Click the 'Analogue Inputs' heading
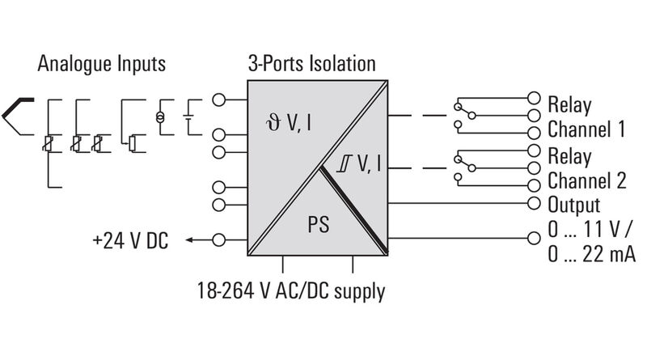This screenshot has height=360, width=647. click(x=101, y=64)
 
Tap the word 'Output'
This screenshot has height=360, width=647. click(x=574, y=205)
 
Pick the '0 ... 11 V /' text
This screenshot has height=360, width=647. click(x=590, y=230)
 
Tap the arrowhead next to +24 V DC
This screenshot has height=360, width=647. click(x=188, y=239)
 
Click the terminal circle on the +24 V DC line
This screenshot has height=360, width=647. click(x=218, y=239)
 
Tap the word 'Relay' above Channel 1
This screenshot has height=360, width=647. click(x=569, y=105)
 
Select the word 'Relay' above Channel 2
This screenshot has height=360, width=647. click(x=569, y=155)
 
